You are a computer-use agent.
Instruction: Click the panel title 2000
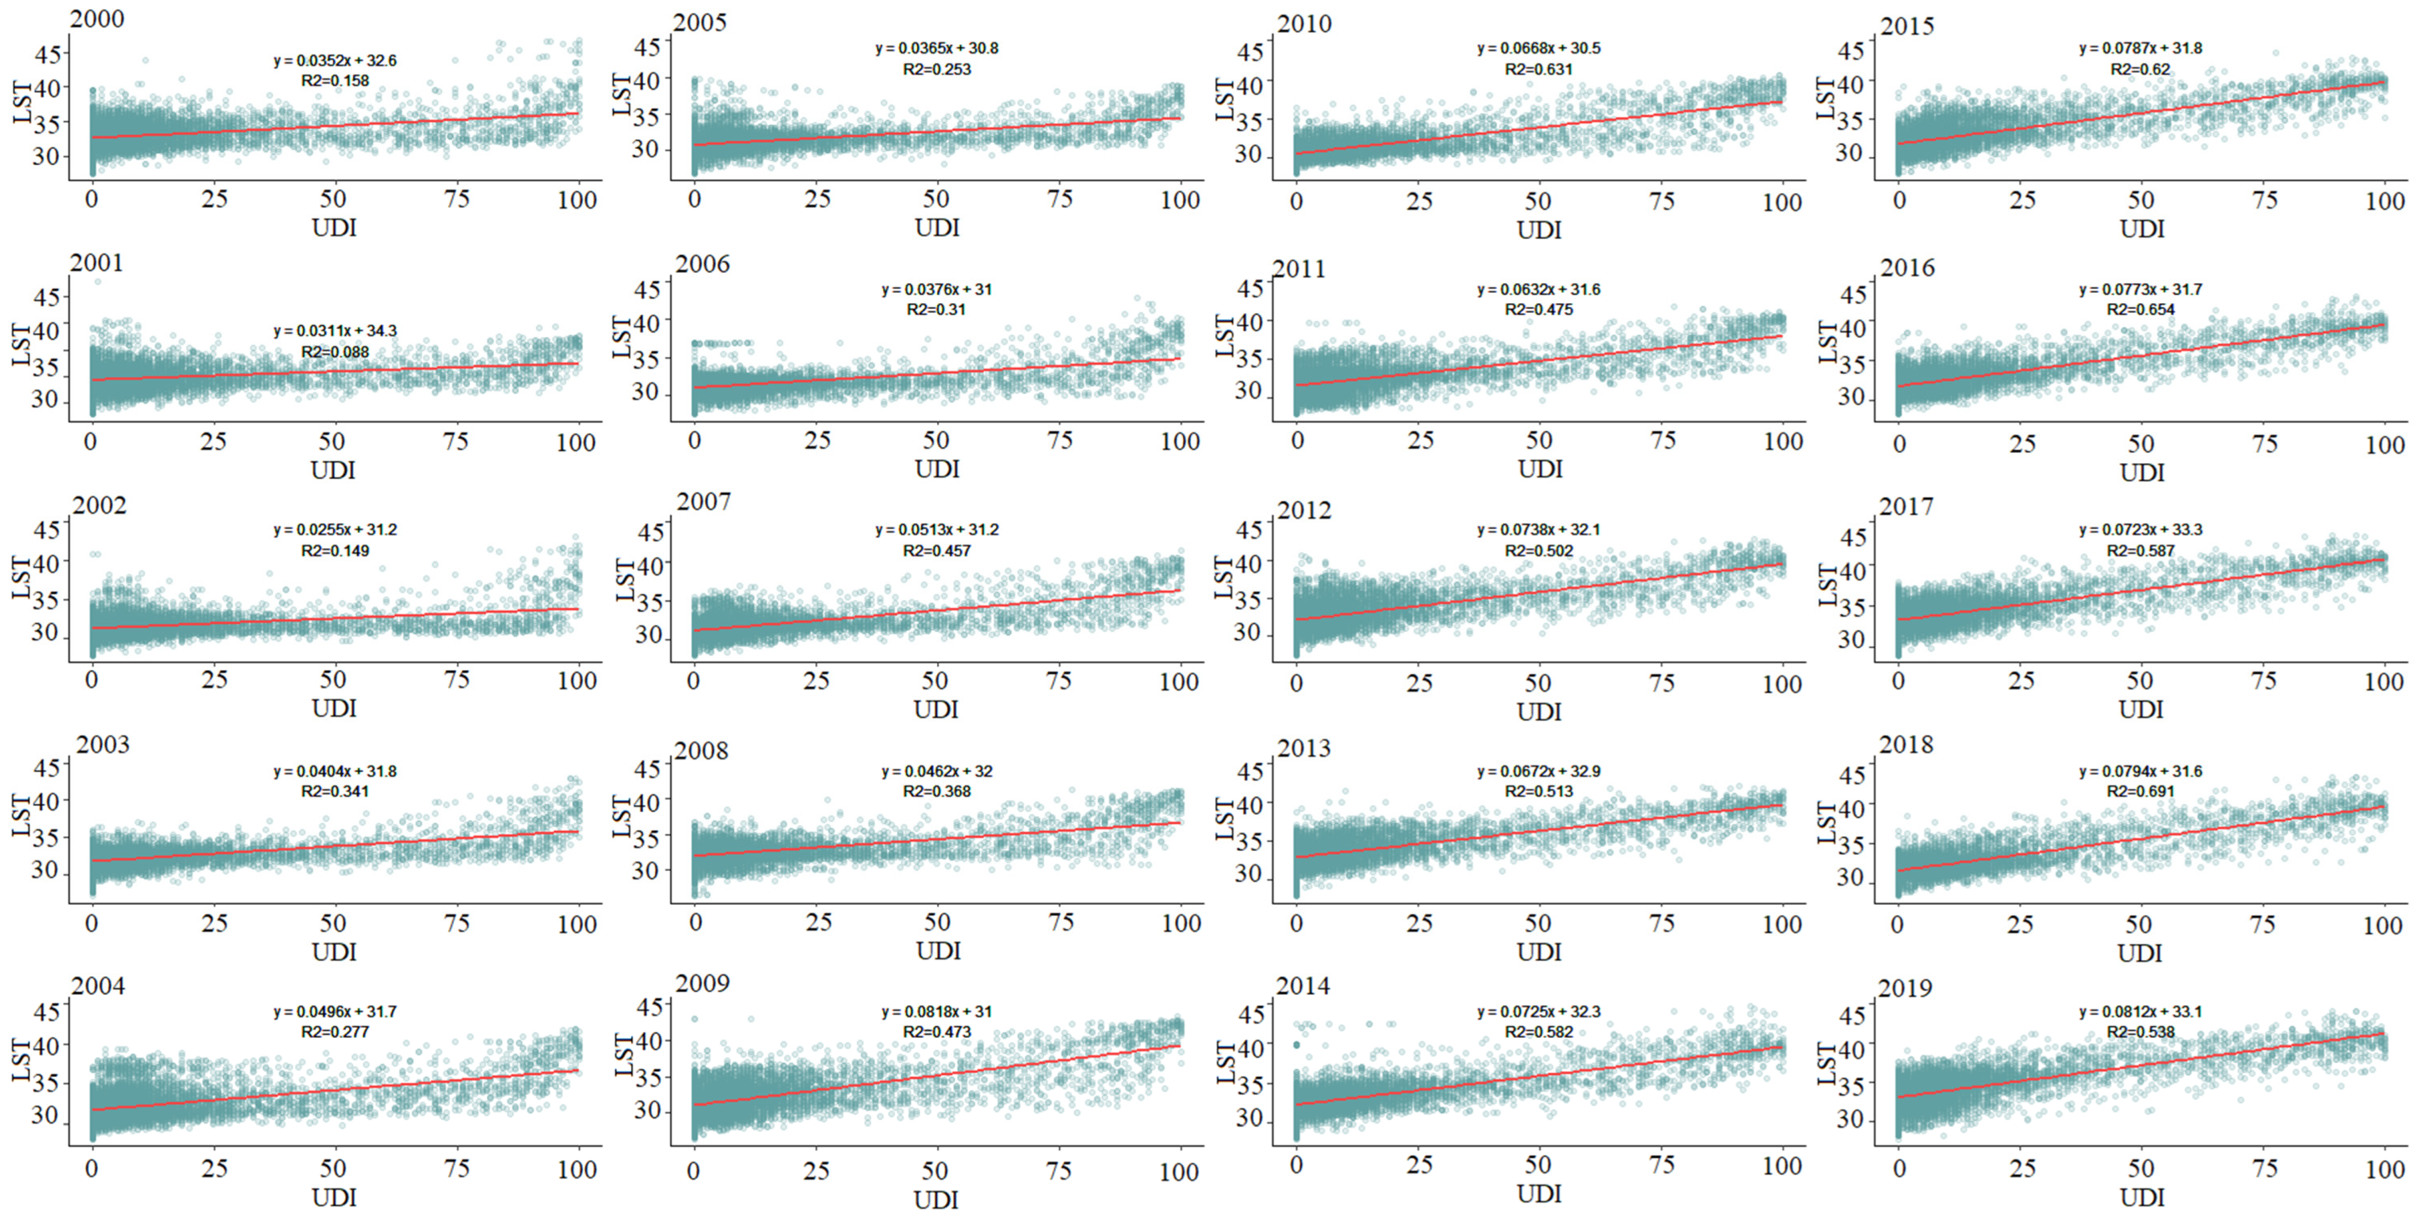click(x=97, y=19)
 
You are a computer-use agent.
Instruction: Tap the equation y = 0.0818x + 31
click(x=936, y=1012)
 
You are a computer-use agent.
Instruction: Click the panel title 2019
click(x=1905, y=988)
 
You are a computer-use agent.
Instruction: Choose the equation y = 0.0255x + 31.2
click(x=335, y=530)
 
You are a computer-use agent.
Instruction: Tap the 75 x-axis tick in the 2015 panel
click(x=2265, y=200)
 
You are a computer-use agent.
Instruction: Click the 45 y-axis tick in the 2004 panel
click(x=47, y=1012)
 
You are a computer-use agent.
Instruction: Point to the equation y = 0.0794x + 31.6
click(x=2140, y=771)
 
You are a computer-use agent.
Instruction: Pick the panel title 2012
click(x=1304, y=510)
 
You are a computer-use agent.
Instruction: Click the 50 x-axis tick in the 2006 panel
click(x=935, y=441)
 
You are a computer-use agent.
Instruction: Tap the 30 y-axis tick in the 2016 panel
click(x=1851, y=398)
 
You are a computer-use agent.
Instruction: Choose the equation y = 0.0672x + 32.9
click(x=1539, y=771)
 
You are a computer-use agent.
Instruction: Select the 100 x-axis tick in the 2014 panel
click(x=1782, y=1165)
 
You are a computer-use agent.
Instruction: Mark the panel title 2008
click(x=701, y=751)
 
